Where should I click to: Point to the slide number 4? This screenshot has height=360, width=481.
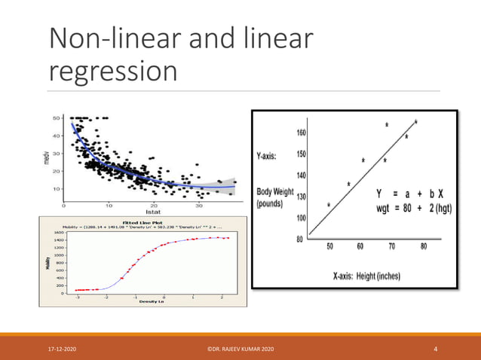436,349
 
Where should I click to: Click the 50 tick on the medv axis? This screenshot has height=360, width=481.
56,118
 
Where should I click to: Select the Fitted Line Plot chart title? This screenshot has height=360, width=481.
144,222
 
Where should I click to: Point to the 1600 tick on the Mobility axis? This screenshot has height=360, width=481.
60,233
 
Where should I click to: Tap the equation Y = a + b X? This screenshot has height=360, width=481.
412,193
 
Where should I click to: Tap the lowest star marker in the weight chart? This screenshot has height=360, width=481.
329,203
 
